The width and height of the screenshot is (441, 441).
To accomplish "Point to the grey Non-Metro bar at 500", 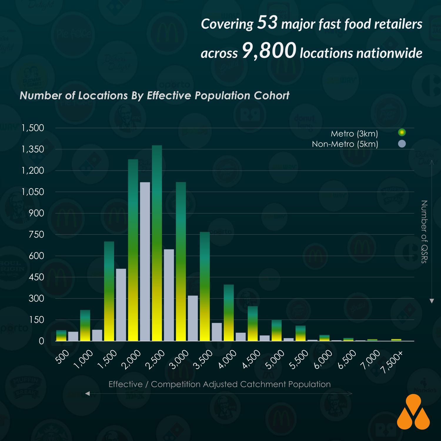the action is [73, 336].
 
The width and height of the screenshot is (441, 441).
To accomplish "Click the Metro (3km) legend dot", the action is [402, 133].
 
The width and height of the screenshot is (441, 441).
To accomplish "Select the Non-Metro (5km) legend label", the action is [345, 144].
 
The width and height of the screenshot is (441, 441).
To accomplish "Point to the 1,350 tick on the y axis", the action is [33, 149].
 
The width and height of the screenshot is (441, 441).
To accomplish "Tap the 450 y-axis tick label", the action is [36, 277].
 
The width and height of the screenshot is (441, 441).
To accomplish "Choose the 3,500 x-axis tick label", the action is [203, 359].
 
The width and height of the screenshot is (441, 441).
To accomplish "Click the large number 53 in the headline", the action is [267, 22].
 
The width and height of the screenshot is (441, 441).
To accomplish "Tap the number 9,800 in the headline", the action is [269, 50].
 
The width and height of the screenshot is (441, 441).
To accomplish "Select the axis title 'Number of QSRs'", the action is [424, 232].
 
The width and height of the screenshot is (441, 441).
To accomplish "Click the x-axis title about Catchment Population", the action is [220, 384].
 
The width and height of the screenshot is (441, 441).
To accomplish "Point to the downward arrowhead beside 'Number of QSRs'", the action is [432, 301].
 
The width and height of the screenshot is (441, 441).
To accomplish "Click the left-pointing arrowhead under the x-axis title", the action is [87, 393].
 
